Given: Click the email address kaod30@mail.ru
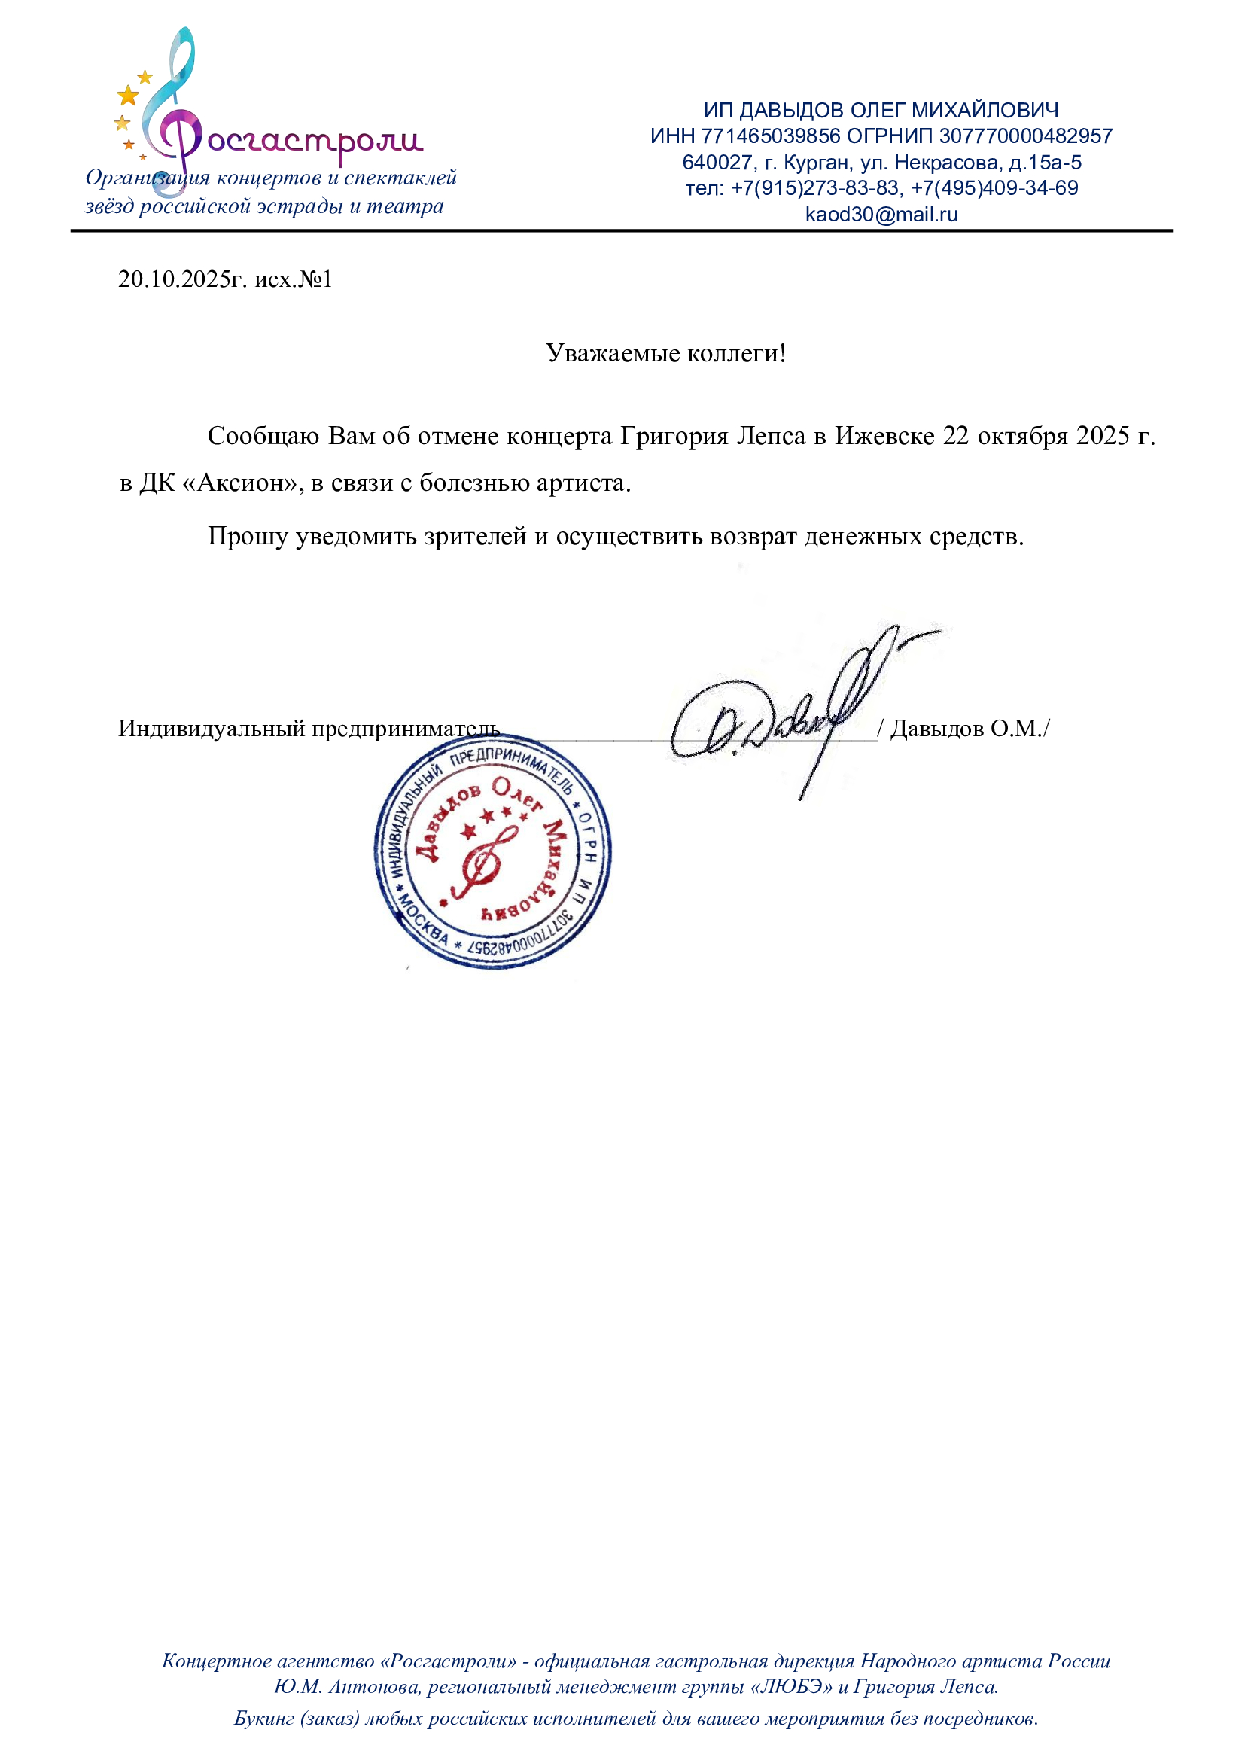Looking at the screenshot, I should pyautogui.click(x=881, y=215).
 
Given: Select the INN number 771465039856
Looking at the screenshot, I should pyautogui.click(x=771, y=136).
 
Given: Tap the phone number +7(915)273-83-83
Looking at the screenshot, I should pyautogui.click(x=815, y=187).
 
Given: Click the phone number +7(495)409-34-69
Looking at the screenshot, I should pyautogui.click(x=994, y=187).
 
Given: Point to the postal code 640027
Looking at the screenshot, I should pyautogui.click(x=717, y=163).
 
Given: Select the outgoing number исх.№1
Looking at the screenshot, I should pyautogui.click(x=294, y=279).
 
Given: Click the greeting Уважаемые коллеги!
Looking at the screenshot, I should pyautogui.click(x=665, y=353).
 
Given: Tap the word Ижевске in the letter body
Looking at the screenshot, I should pyautogui.click(x=884, y=436).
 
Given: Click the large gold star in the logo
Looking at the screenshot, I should pyautogui.click(x=128, y=96).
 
